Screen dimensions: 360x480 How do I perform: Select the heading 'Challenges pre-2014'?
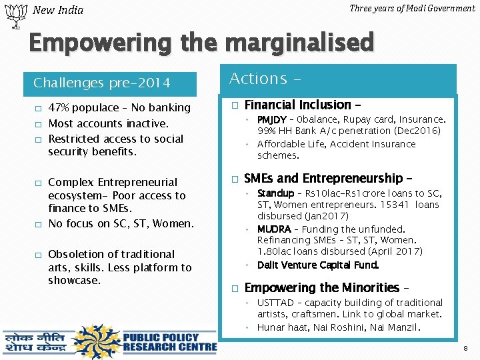(x=102, y=83)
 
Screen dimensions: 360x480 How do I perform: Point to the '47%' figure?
(x=60, y=107)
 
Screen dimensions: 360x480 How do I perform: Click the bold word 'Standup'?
(x=275, y=193)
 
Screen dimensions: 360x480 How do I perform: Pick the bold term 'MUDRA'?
(x=274, y=229)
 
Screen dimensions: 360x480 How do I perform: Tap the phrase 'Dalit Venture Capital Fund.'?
(x=318, y=265)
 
